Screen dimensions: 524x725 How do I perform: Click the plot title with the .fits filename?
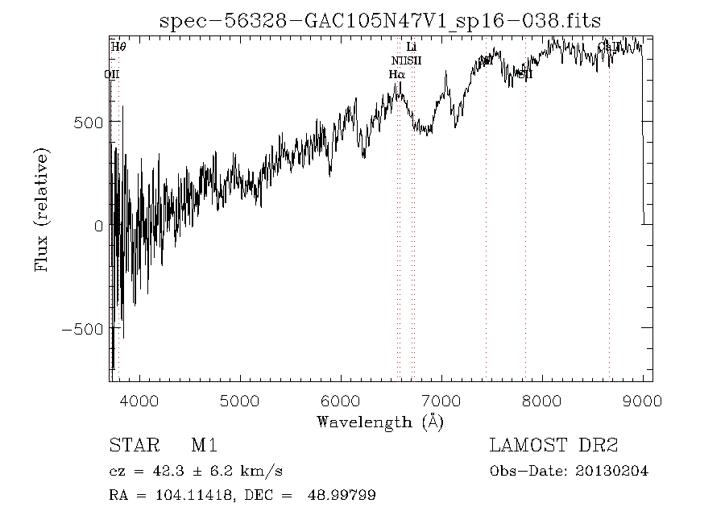tap(380, 22)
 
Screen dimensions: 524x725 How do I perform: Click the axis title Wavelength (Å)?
tap(380, 422)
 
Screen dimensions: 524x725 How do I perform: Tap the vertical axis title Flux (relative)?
tap(42, 210)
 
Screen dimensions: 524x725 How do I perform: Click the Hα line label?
tap(396, 74)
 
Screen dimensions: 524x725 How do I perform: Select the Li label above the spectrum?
tap(412, 48)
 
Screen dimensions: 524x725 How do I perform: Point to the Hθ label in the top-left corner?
tap(118, 47)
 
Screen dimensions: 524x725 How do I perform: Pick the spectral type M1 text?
tap(205, 446)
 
